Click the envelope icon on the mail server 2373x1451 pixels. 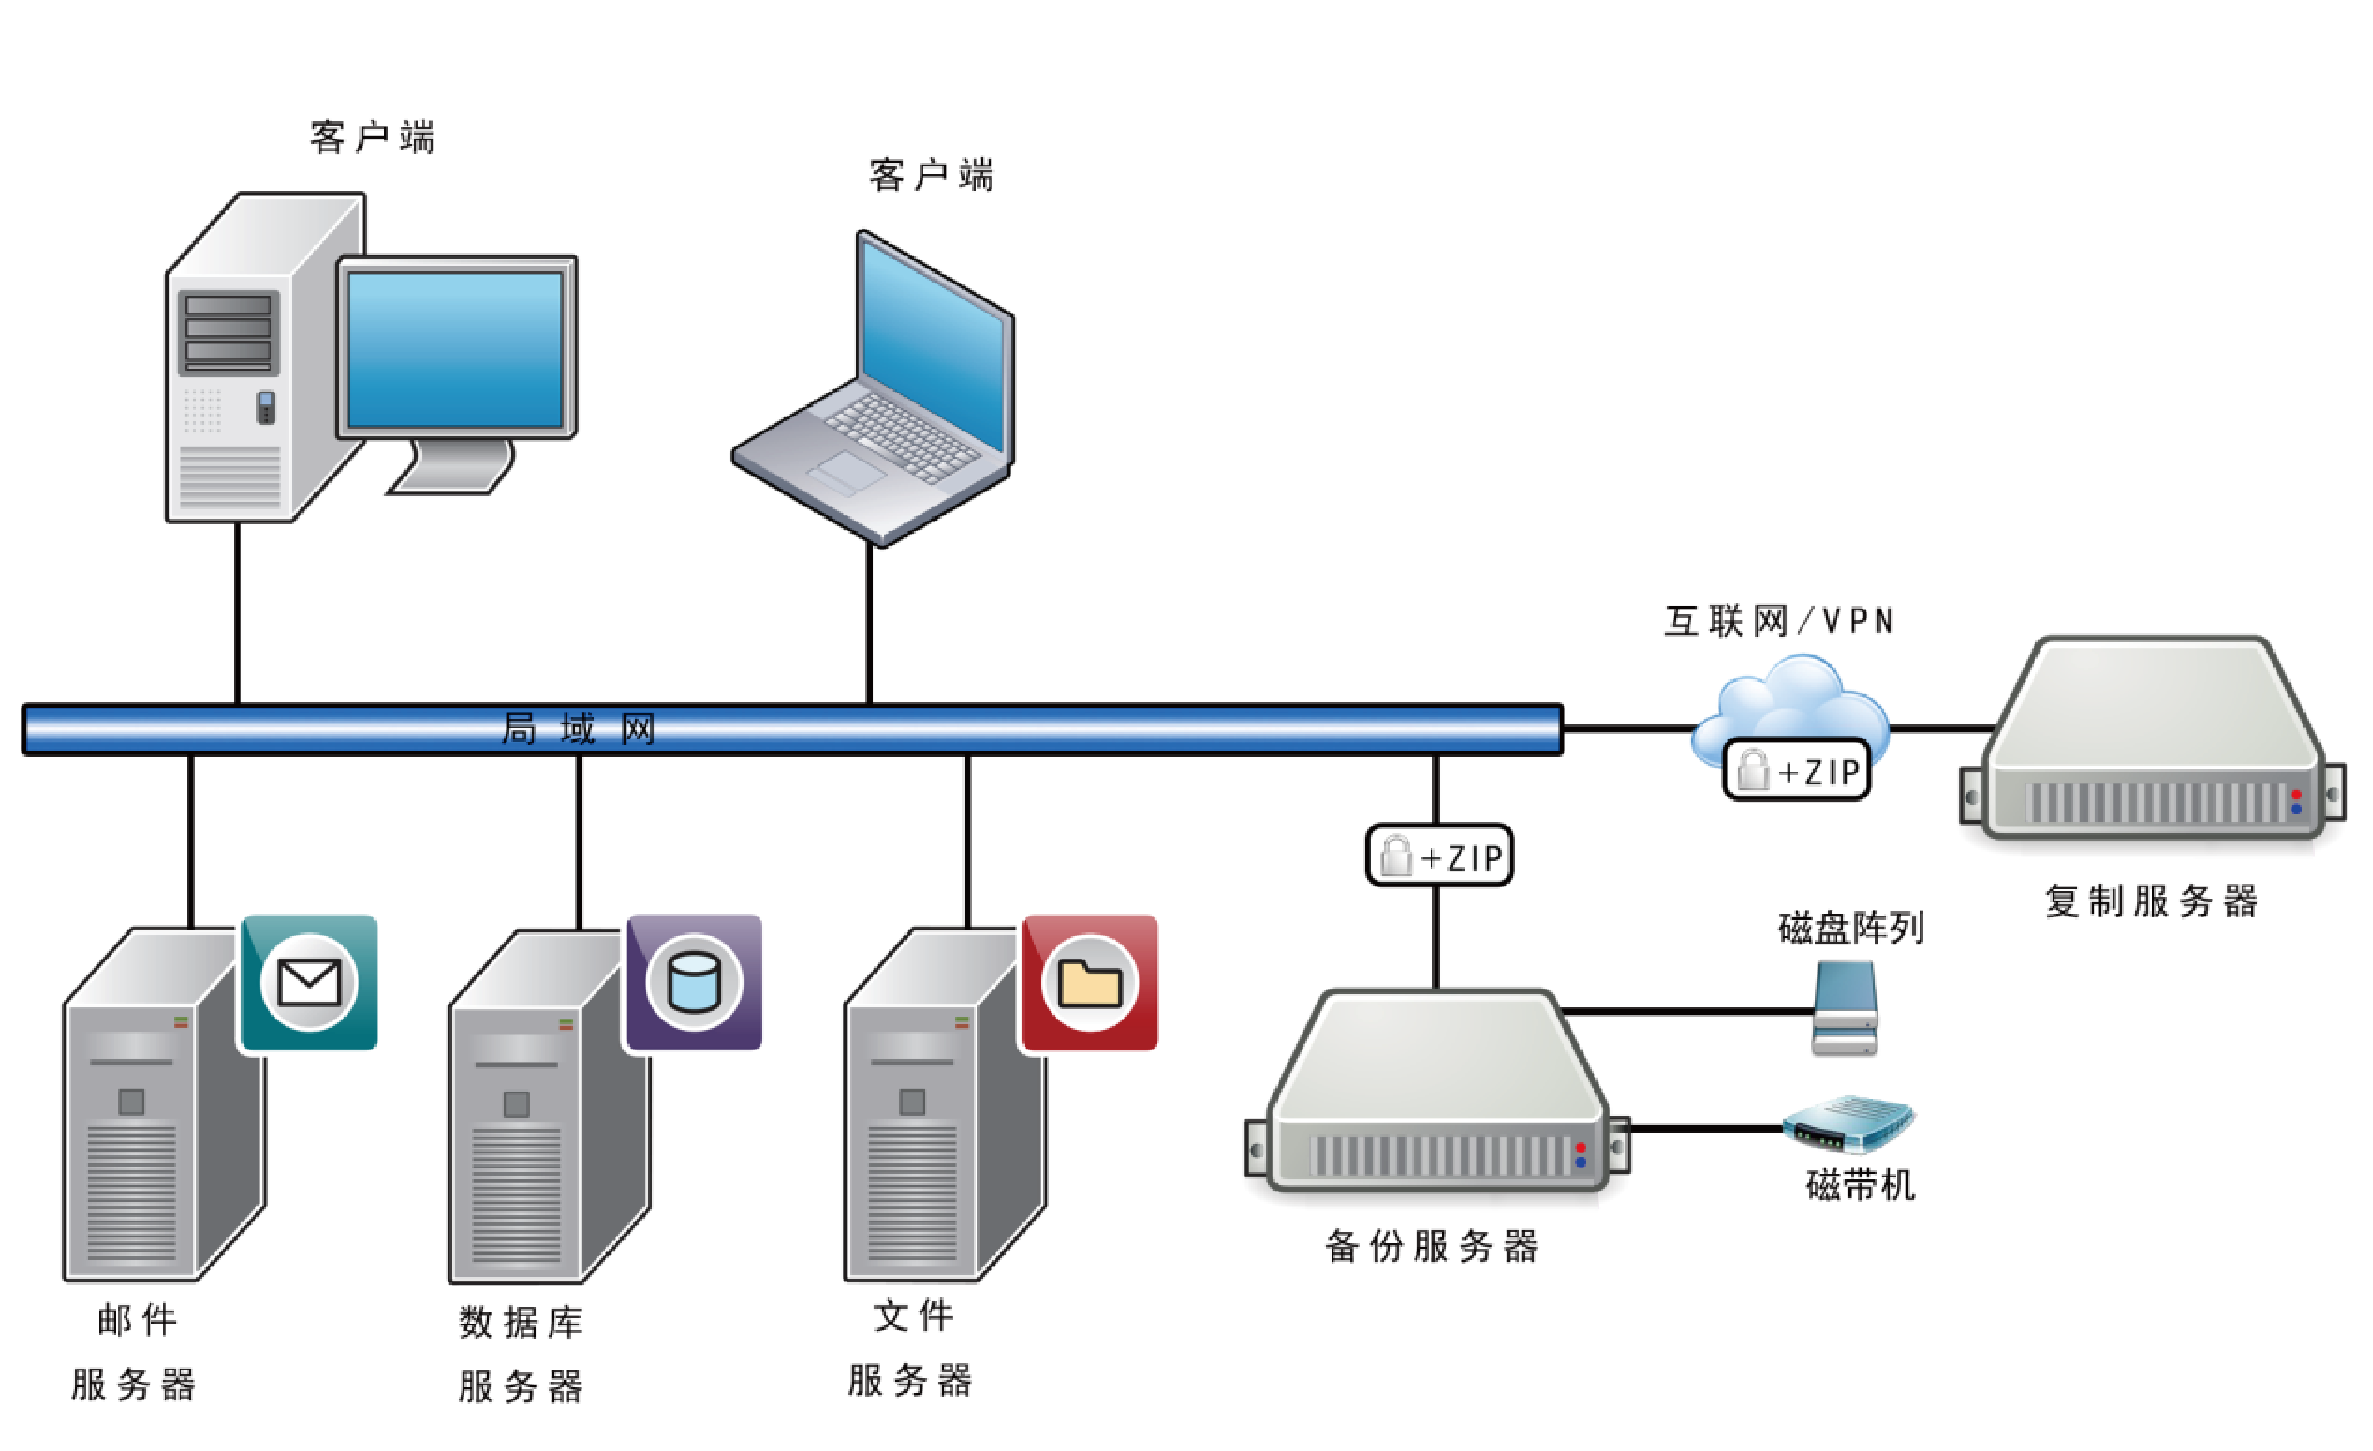click(308, 982)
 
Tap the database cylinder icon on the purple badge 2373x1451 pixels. click(693, 982)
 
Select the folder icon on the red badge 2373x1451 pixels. click(1089, 983)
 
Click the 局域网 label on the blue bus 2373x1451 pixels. click(578, 729)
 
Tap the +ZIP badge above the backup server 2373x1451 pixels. click(1439, 855)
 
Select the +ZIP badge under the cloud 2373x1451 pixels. click(1796, 770)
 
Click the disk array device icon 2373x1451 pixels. click(1844, 1008)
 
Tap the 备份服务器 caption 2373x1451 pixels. click(1431, 1246)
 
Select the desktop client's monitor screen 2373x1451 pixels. click(454, 348)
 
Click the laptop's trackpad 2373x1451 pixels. click(847, 471)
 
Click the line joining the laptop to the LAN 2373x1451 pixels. click(869, 626)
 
